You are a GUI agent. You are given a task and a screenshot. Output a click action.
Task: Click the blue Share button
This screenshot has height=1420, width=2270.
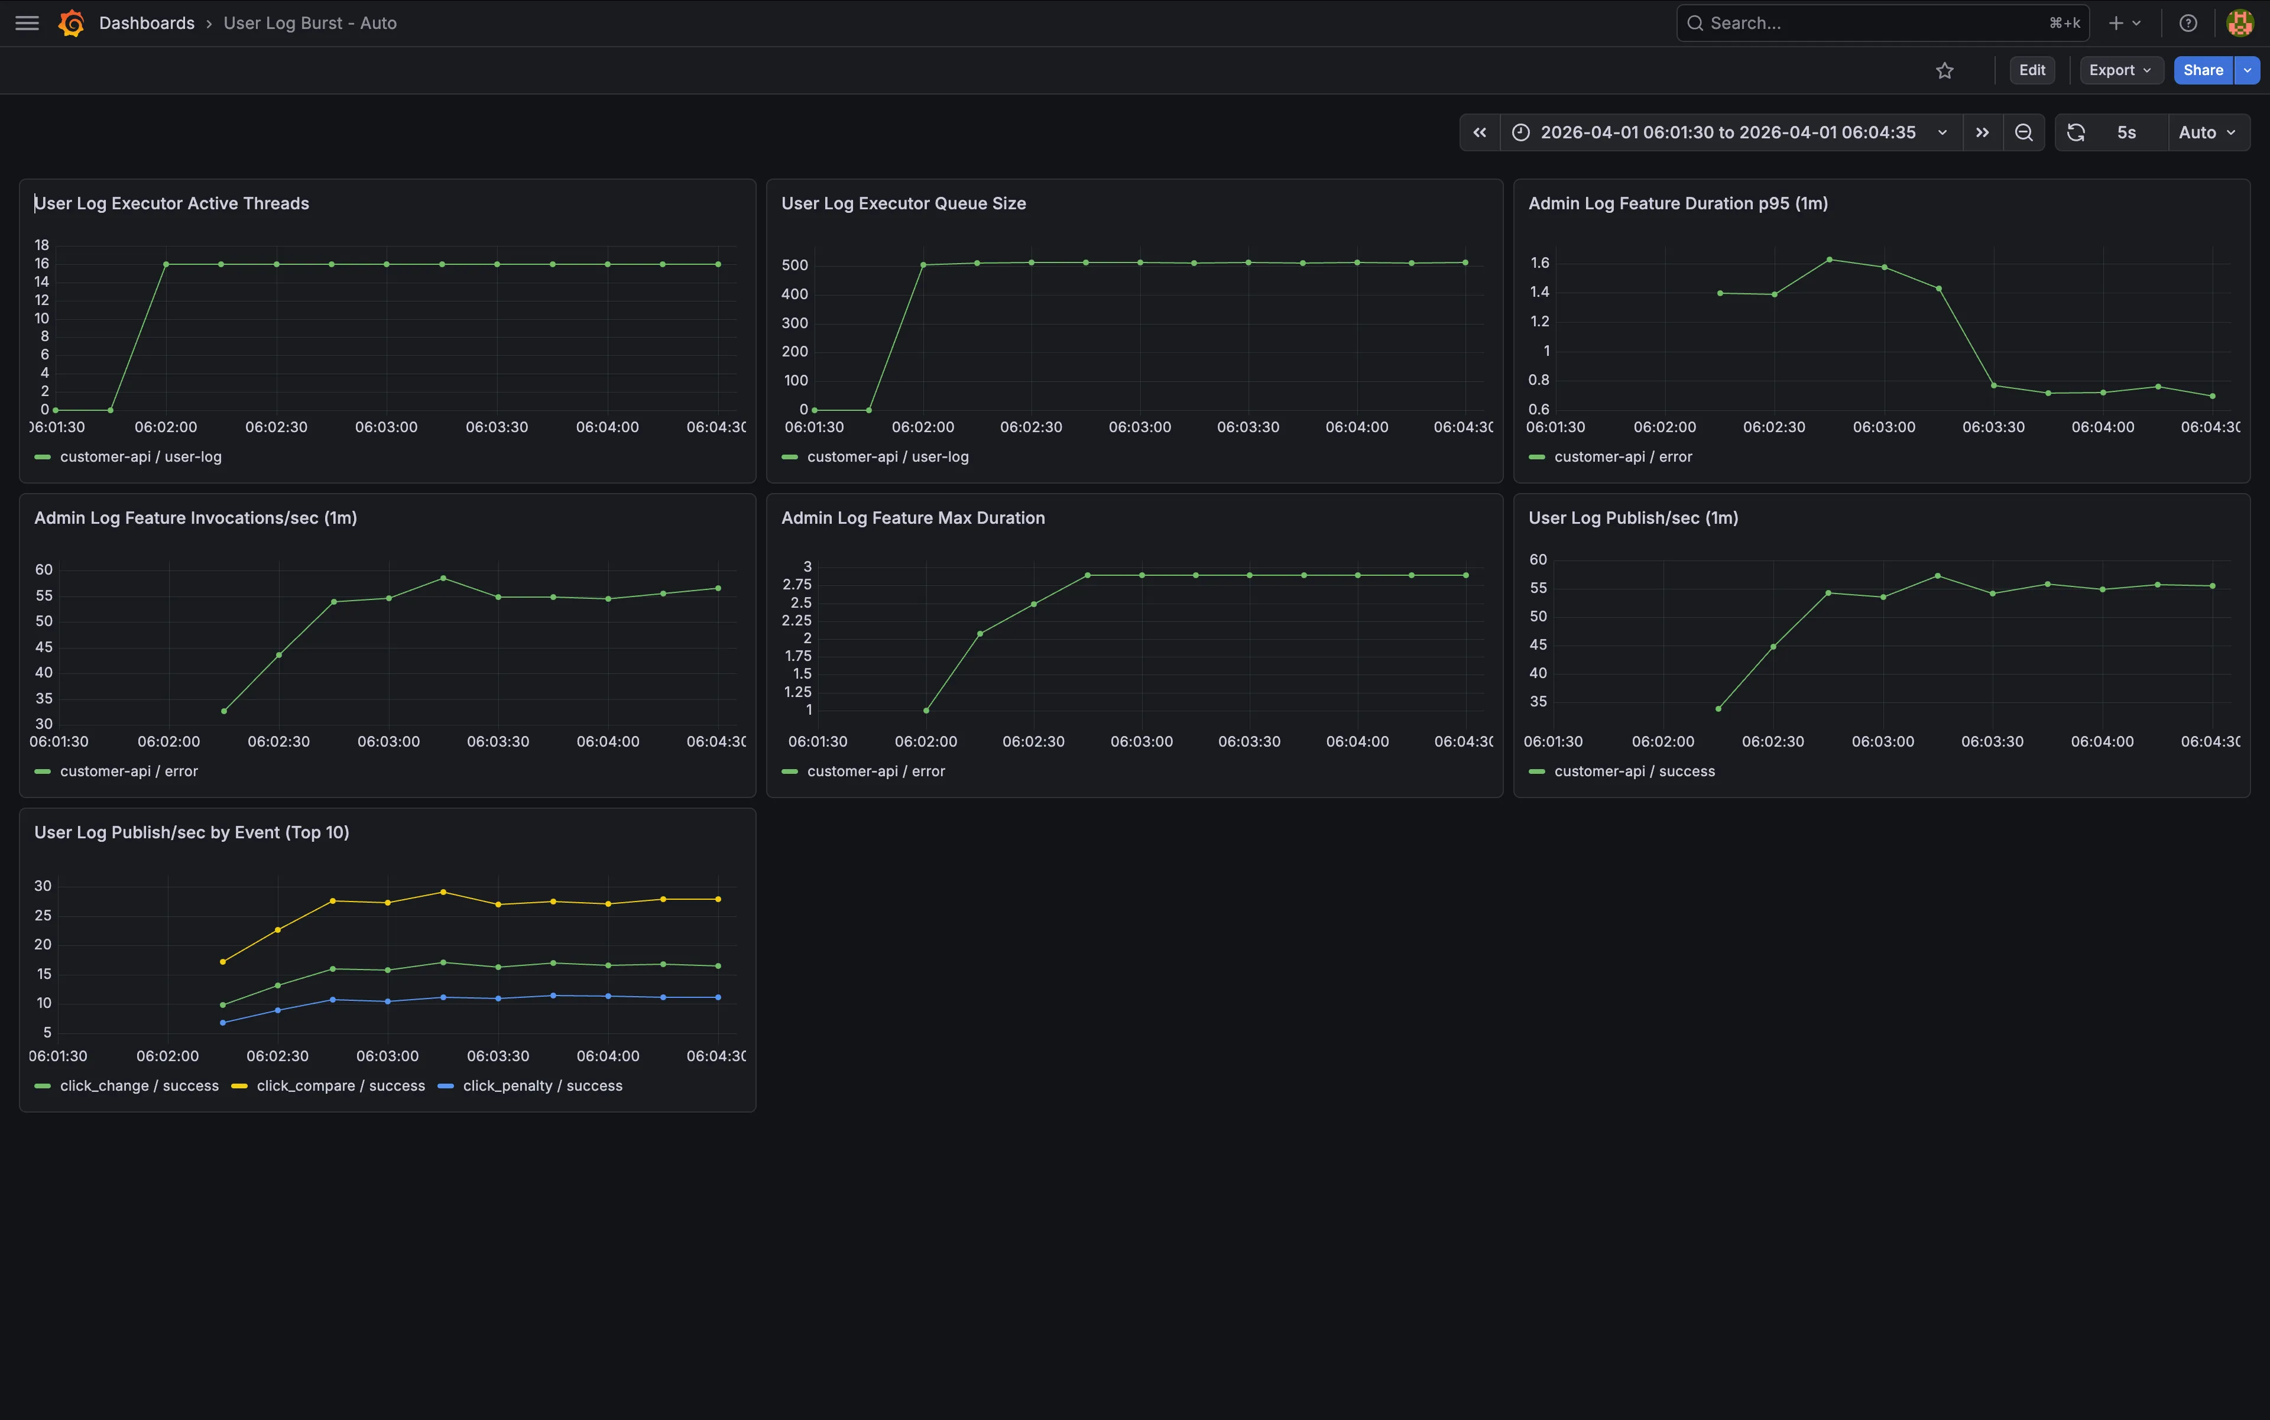(2203, 70)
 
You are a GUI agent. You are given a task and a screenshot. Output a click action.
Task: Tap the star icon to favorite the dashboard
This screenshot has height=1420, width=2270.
(1944, 70)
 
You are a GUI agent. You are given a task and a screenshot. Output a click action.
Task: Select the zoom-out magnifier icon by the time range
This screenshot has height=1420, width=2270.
(2024, 132)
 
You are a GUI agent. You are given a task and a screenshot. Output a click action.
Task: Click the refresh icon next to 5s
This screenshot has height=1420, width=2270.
(2076, 132)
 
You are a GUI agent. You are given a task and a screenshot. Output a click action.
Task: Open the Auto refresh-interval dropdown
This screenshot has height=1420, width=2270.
(2207, 132)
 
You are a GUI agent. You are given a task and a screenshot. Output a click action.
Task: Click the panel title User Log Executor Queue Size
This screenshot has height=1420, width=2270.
(903, 204)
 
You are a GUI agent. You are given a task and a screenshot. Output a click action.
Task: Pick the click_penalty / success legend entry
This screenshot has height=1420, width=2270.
(531, 1085)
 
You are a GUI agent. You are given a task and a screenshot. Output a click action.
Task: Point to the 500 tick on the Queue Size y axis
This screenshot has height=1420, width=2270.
(794, 266)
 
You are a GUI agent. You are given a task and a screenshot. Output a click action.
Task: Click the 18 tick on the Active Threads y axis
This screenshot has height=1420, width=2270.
(42, 245)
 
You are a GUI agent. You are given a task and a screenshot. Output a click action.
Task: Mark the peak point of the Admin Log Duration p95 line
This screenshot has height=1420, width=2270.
(1828, 259)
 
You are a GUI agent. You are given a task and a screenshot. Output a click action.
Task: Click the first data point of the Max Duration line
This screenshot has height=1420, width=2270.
(926, 711)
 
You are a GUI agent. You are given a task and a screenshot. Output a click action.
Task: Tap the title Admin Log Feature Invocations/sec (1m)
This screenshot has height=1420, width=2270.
(195, 518)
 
